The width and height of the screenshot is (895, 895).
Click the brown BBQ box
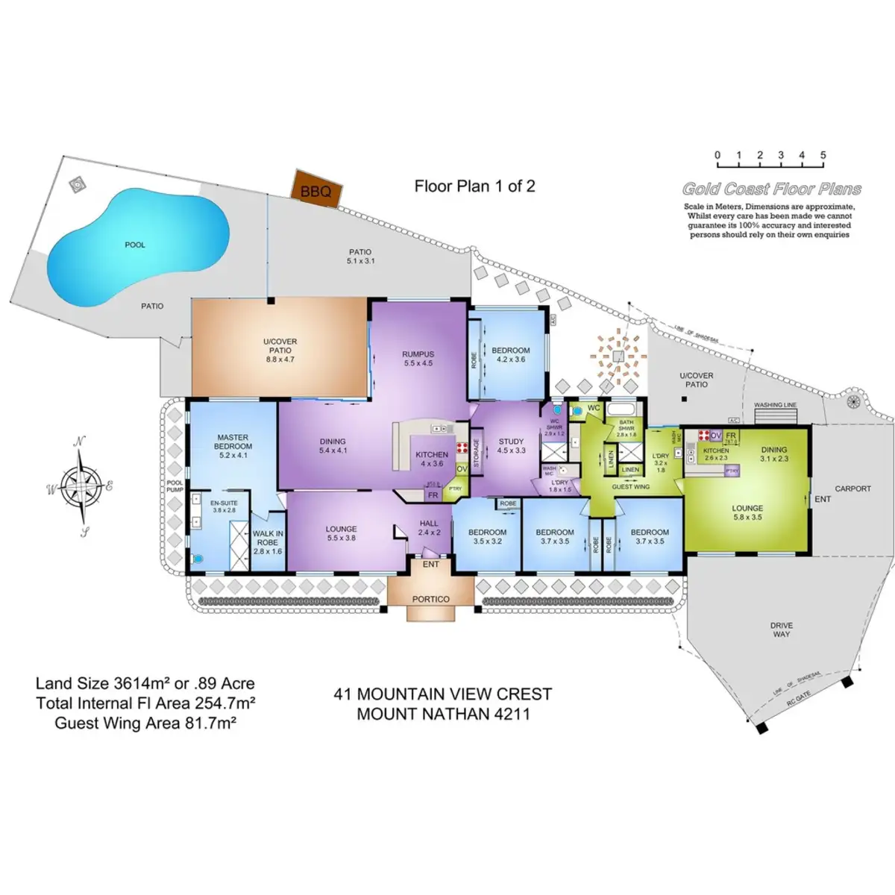(315, 189)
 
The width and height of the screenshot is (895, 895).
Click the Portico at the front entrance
(431, 598)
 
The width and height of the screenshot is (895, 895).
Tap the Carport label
(852, 489)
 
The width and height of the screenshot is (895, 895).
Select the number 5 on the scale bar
(823, 156)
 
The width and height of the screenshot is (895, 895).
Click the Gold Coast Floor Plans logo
(771, 189)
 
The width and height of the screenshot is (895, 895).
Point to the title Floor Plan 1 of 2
(474, 186)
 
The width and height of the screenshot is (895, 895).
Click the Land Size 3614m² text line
(145, 683)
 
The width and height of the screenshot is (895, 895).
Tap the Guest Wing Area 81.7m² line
(145, 723)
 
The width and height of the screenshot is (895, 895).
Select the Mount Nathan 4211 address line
(443, 714)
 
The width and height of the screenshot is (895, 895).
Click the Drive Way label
(782, 629)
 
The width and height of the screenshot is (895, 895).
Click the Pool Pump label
(174, 486)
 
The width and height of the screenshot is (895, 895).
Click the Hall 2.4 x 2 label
(429, 527)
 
